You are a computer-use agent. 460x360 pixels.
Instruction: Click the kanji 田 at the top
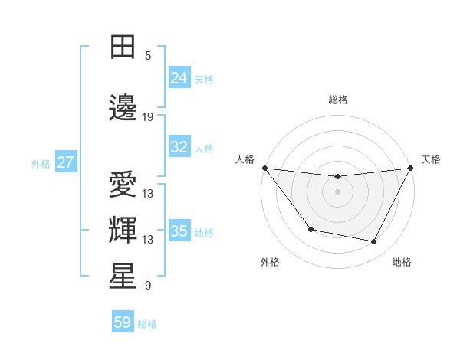click(123, 48)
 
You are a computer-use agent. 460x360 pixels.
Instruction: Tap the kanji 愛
click(123, 185)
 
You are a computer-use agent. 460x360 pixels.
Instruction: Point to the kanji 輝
click(123, 231)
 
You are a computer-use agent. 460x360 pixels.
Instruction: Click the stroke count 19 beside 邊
click(148, 117)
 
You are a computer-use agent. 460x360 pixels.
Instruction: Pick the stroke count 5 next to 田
click(148, 56)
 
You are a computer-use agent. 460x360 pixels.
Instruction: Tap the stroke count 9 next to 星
click(148, 286)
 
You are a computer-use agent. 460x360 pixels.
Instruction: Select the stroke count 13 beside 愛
click(148, 194)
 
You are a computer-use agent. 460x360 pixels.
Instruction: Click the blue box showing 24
click(179, 77)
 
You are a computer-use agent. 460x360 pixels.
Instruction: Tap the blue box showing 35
click(179, 231)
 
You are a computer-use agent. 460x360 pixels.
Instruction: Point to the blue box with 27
click(66, 162)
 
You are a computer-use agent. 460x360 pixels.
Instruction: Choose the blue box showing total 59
click(123, 322)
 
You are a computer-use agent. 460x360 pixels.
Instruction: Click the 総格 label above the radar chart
click(337, 100)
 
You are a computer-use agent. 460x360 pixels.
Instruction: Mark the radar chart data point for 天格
click(411, 168)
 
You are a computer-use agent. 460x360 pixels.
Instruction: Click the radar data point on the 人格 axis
click(264, 168)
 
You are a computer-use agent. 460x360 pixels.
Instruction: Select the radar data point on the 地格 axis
click(374, 242)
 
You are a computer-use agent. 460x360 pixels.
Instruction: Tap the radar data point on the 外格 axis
click(310, 229)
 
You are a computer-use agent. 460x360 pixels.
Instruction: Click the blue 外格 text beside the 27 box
click(41, 163)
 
